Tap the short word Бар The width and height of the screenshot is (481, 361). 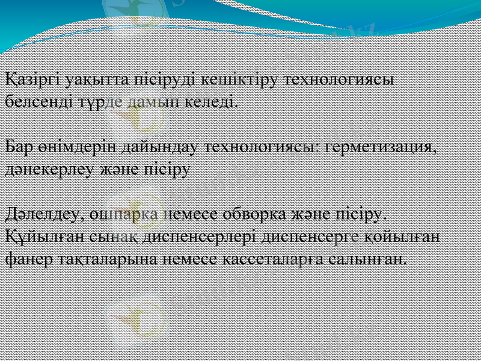(x=18, y=146)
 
